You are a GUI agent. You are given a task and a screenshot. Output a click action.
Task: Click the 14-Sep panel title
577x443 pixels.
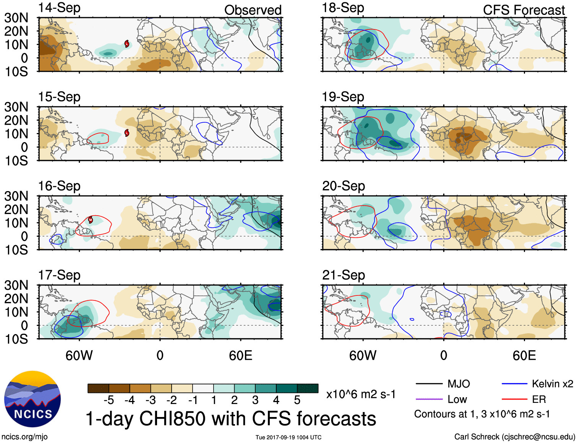click(59, 8)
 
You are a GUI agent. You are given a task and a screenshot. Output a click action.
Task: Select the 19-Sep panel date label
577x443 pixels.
click(343, 97)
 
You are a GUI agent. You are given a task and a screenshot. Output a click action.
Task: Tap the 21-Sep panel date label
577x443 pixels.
click(343, 275)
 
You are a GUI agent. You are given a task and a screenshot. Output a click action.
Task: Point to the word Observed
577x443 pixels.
click(253, 10)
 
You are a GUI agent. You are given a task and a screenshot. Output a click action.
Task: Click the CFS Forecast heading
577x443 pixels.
click(524, 10)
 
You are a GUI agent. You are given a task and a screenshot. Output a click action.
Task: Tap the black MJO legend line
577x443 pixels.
click(429, 384)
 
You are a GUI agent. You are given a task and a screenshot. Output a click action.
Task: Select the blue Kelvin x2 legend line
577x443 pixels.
click(514, 384)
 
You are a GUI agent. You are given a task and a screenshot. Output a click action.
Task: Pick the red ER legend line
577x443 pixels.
click(514, 399)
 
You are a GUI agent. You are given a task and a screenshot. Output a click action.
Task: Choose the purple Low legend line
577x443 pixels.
click(429, 399)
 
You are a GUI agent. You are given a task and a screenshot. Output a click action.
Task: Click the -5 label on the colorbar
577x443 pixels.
click(109, 400)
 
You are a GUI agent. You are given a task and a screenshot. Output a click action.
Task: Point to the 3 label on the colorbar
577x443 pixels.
click(255, 400)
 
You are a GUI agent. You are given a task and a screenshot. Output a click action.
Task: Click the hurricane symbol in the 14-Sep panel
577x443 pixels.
click(126, 44)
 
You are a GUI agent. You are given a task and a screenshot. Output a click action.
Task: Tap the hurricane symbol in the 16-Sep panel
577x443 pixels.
click(91, 219)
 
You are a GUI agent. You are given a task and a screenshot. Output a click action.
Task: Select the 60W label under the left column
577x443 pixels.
click(79, 355)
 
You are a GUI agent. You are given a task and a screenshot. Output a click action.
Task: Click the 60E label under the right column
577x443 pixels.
click(524, 355)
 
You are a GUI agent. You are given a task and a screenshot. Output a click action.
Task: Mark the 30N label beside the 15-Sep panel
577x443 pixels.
click(16, 107)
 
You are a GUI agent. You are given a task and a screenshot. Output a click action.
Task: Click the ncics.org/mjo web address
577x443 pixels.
click(24, 437)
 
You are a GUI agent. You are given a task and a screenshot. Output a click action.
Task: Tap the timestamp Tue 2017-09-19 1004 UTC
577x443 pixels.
click(288, 437)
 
